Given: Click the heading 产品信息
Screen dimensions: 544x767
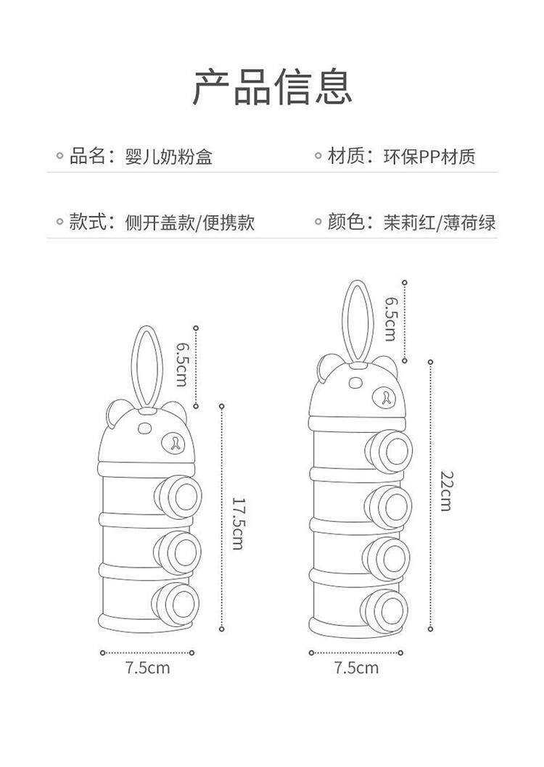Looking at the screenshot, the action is [x=272, y=88].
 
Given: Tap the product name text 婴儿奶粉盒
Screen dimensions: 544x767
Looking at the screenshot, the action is [x=169, y=157].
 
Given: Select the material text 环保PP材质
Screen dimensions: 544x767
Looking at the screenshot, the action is [x=429, y=157].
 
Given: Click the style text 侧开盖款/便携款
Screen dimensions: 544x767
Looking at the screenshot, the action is [x=190, y=223].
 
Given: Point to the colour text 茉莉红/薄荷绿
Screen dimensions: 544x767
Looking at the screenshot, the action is [x=440, y=223].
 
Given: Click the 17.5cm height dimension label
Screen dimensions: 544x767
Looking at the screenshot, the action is [x=238, y=523].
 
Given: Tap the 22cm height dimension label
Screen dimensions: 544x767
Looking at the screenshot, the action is [x=446, y=491].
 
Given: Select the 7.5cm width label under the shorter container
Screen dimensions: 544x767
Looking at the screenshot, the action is [x=148, y=668].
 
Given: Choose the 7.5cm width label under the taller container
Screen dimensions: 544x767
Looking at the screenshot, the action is [x=357, y=668].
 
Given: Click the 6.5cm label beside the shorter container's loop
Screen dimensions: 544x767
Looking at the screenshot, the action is [x=182, y=364].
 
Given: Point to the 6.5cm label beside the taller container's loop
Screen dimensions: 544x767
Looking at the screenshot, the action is [x=390, y=318].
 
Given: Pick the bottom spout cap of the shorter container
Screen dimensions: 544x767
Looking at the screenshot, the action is [x=176, y=605].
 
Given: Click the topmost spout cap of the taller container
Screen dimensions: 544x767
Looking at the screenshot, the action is [x=389, y=452].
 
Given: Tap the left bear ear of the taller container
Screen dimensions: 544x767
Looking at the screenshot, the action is [x=328, y=368].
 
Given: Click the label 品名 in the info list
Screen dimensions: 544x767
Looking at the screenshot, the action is [x=88, y=157].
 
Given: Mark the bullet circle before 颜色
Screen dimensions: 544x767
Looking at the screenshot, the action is [x=318, y=223].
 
